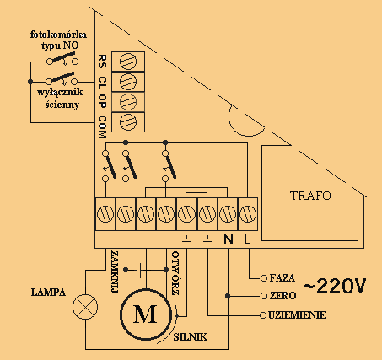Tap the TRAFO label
[x=310, y=196]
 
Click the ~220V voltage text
[x=335, y=286]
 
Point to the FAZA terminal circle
[x=263, y=278]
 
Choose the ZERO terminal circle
[x=263, y=296]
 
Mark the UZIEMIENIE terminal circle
[x=263, y=315]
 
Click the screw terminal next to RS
[x=128, y=62]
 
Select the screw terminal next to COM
[x=128, y=122]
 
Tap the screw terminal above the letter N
[x=228, y=214]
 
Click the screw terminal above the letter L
[x=248, y=214]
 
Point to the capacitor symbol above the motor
[x=138, y=270]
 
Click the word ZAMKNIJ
[x=115, y=272]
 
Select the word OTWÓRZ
[x=175, y=273]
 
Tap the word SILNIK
[x=191, y=337]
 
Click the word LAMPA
[x=48, y=293]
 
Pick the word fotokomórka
[x=58, y=35]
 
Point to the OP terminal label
[x=103, y=101]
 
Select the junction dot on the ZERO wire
[x=228, y=296]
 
